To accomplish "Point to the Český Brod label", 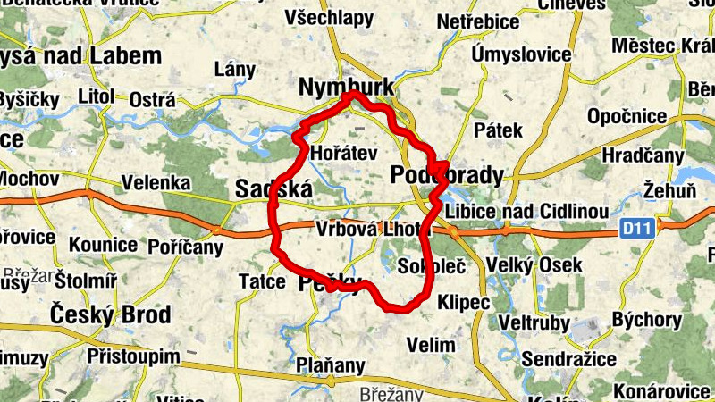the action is point(110,315).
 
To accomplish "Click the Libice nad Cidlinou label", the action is point(527,212).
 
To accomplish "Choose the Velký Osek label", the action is point(534,265).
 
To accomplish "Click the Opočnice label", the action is point(627,116).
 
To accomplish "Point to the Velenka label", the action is point(156,183).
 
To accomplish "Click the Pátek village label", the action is point(499,130).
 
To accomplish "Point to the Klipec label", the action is point(465,303).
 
